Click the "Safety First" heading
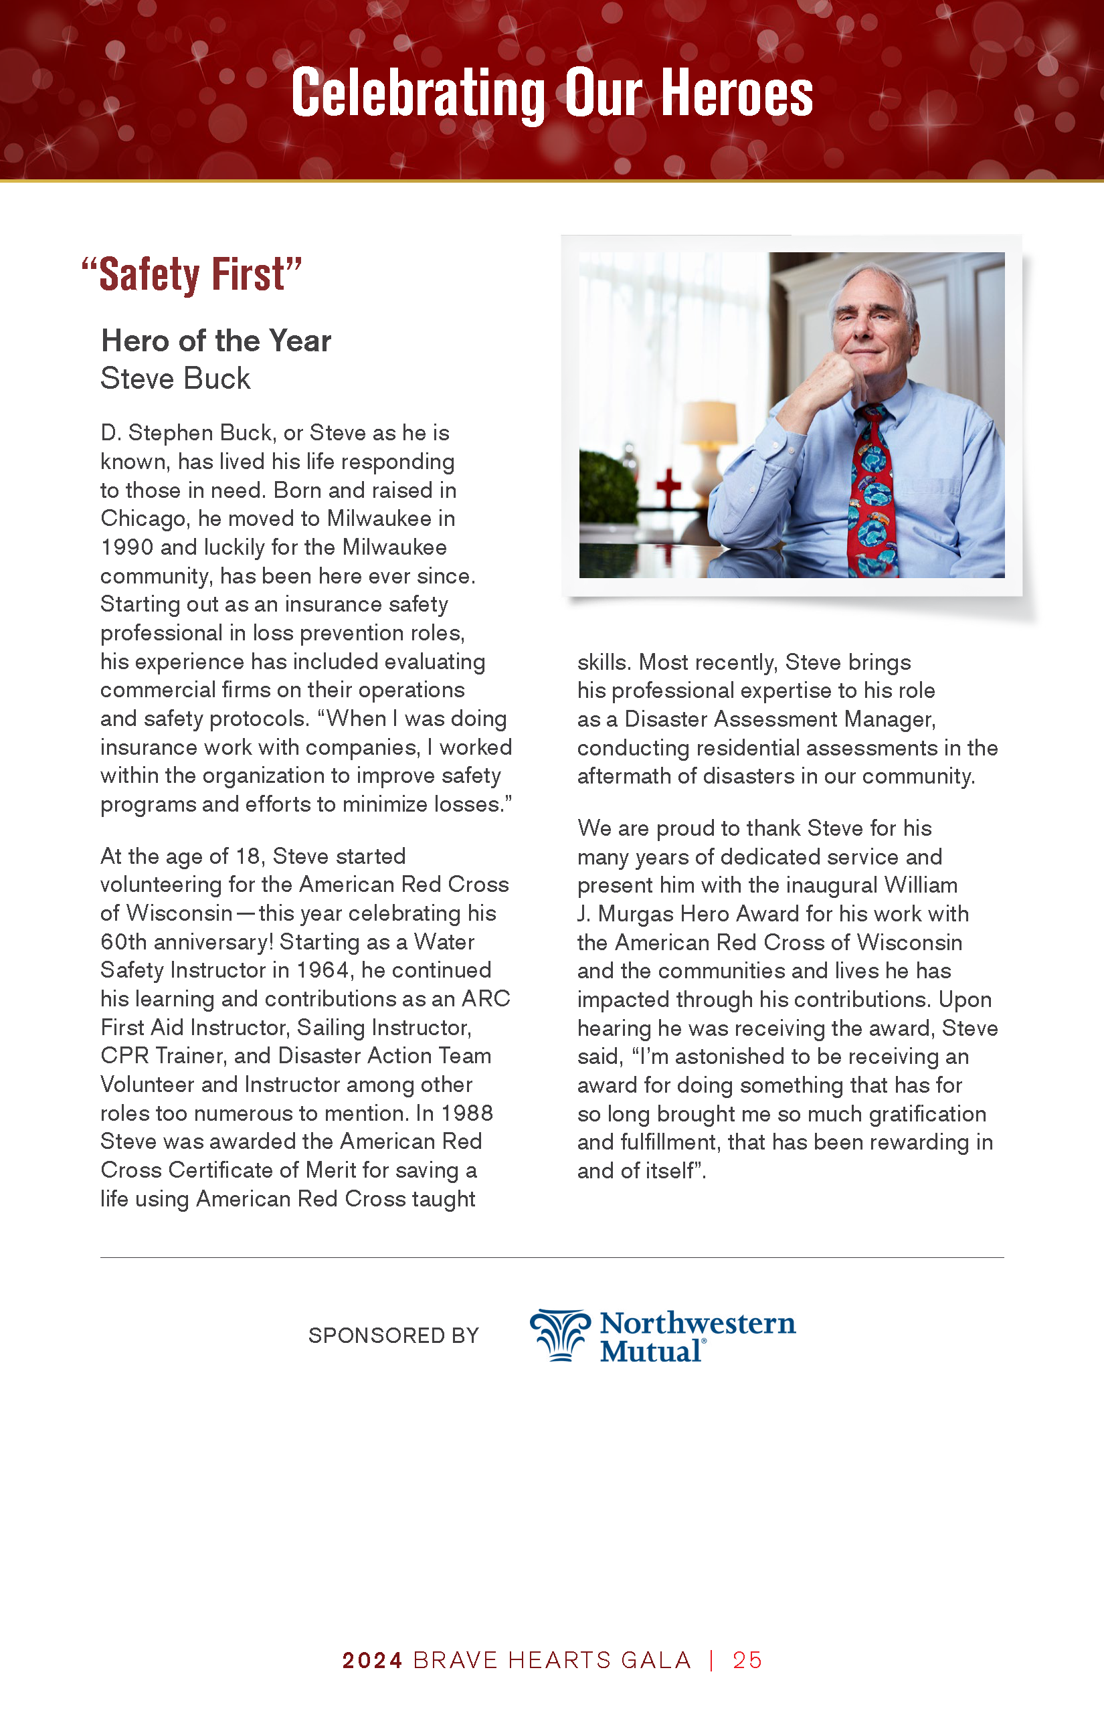[191, 274]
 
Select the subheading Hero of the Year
[216, 341]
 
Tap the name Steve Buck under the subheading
[175, 379]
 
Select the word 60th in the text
[126, 942]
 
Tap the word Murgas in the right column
[635, 914]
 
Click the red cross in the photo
[668, 488]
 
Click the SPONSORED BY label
[393, 1336]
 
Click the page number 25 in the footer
[747, 1660]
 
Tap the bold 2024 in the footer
[372, 1660]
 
